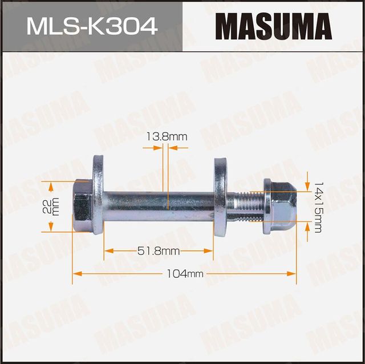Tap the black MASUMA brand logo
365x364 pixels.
point(274,26)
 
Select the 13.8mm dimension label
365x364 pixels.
point(167,136)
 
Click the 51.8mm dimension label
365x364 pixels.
point(159,250)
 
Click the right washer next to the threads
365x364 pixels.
point(220,197)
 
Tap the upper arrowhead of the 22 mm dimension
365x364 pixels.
point(51,186)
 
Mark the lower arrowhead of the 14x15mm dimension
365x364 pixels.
point(307,227)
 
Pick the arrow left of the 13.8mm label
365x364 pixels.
point(157,147)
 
